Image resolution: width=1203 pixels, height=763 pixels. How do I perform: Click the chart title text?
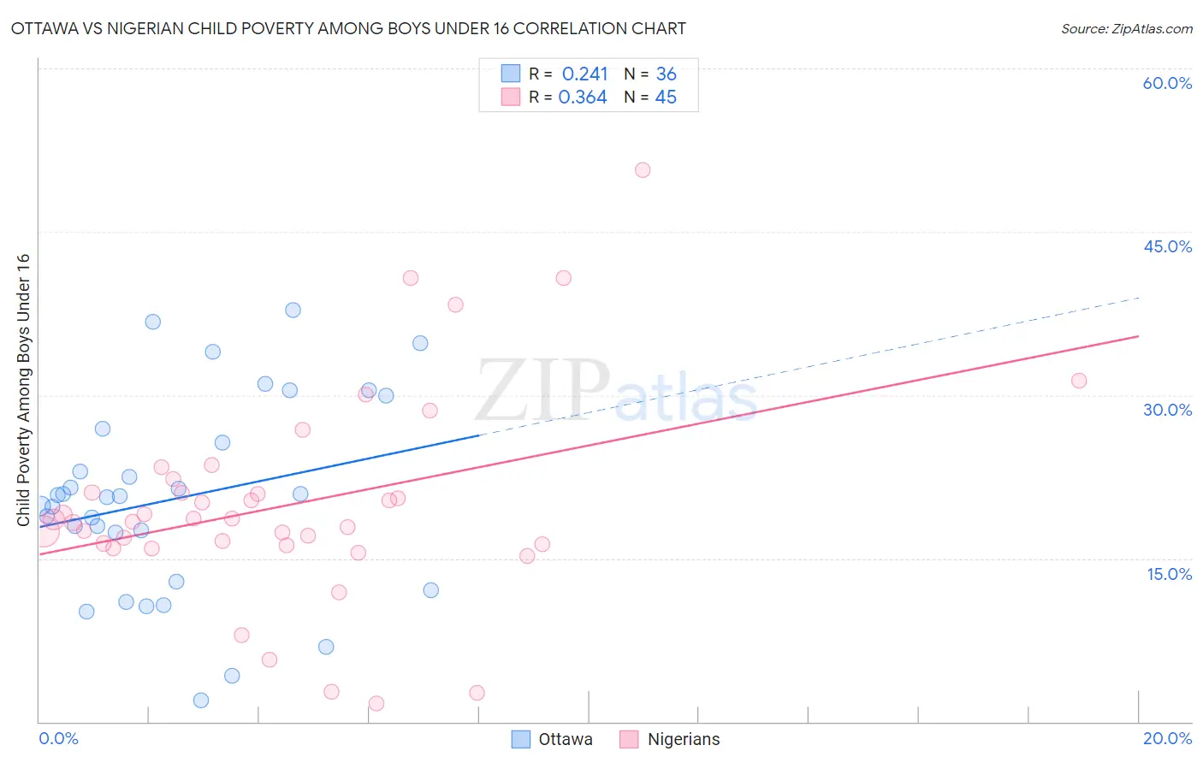[348, 28]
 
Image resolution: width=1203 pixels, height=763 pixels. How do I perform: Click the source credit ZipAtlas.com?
[1126, 28]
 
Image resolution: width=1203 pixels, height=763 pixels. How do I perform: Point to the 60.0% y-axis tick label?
[1167, 83]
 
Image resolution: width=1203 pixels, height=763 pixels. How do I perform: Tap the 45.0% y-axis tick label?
[1167, 246]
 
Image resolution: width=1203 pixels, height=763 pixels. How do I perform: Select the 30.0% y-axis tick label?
[1167, 410]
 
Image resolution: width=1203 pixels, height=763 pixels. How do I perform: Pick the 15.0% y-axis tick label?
[1169, 574]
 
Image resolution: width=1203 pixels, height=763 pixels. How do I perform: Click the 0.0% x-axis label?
[58, 738]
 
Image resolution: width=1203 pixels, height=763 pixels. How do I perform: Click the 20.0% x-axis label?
[1167, 738]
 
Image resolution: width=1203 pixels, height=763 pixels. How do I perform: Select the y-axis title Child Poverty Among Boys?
[23, 389]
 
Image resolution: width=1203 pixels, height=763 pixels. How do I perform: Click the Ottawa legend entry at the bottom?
[565, 739]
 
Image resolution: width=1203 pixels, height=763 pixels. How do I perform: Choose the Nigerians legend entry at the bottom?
[683, 739]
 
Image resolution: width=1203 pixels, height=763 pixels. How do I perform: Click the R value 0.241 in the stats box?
[584, 74]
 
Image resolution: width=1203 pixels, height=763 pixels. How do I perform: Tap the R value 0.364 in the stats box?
[583, 98]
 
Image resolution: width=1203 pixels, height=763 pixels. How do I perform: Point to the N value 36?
[666, 74]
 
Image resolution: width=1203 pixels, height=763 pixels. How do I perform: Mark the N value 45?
[666, 98]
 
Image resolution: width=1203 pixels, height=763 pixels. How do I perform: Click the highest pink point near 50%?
[643, 170]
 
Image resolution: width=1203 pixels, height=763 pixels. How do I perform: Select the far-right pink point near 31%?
[1079, 381]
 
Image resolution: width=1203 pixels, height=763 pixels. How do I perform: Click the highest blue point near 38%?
[293, 311]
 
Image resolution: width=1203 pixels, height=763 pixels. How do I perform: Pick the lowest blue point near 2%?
[201, 701]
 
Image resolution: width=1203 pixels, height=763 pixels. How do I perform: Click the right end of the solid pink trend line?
[1138, 336]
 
